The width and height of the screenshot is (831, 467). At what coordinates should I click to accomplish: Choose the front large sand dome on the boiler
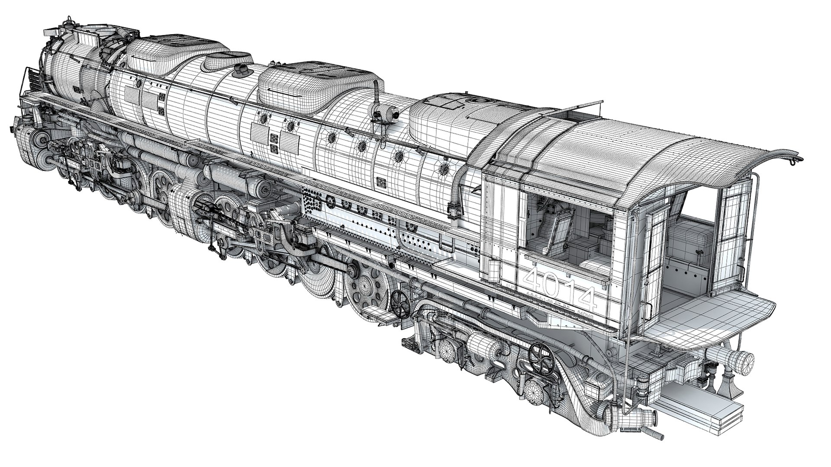[182, 48]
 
